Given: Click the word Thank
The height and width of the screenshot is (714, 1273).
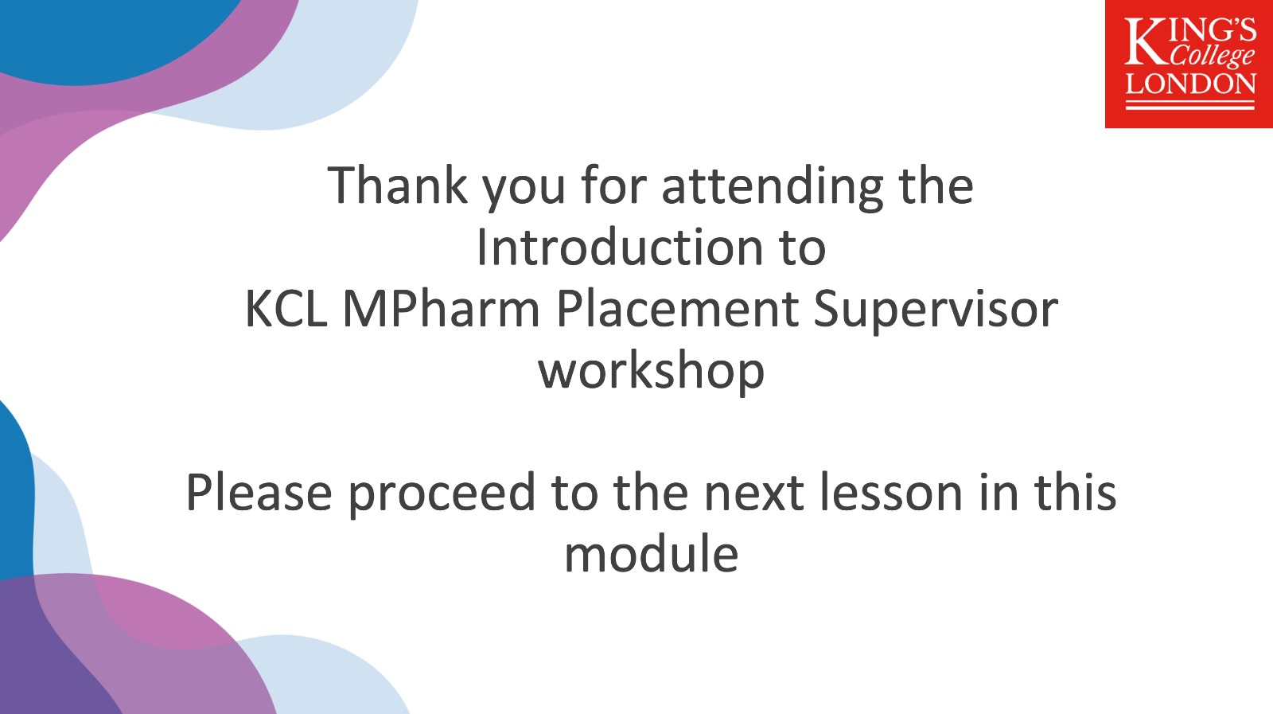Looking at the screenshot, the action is point(397,185).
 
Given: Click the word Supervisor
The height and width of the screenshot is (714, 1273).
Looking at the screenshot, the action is point(936,311).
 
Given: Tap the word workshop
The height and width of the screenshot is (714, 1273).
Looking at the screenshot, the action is point(652,373).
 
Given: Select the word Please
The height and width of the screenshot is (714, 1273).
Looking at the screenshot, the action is point(259,492).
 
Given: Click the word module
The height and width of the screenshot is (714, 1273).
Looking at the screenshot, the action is point(652,554).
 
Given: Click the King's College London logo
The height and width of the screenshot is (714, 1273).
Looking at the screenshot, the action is point(1189,64).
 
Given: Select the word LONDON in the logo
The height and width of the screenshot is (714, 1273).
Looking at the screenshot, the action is point(1190,84).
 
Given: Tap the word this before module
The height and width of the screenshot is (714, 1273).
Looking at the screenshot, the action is point(1075,492).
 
